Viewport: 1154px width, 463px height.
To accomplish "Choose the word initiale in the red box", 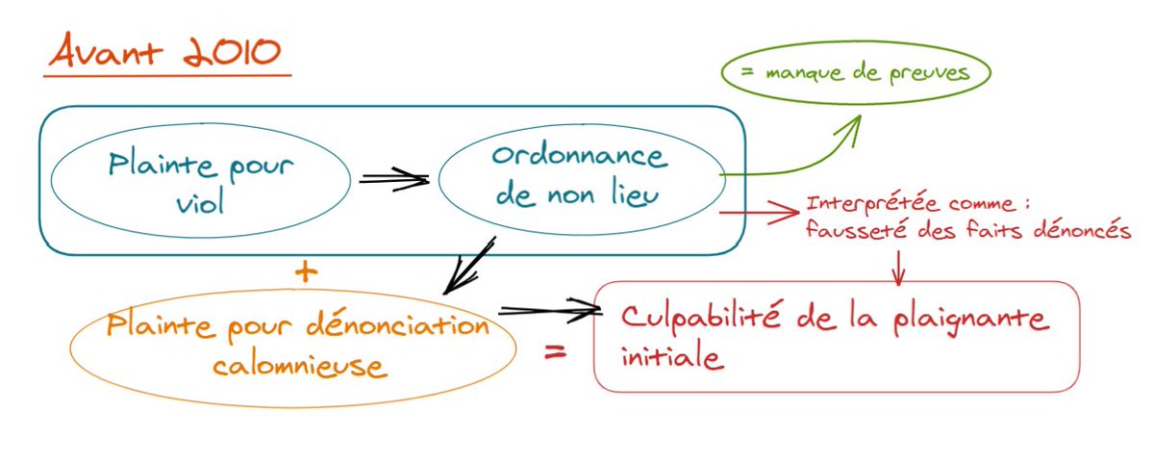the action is (671, 356).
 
